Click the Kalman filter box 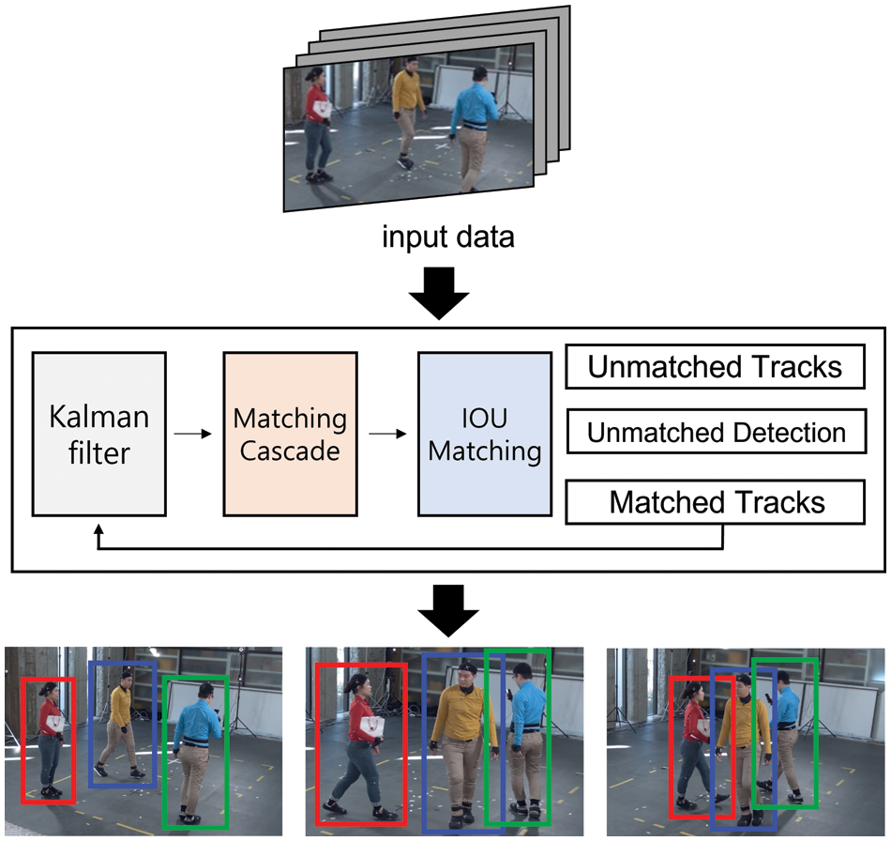pos(98,434)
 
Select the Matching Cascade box pos(290,434)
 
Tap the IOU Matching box pos(484,434)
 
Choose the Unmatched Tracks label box pos(715,367)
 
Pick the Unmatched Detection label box pos(715,433)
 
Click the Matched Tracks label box pos(715,502)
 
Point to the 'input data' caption pos(447,237)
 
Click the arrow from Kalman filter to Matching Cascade pos(194,434)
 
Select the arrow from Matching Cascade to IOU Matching pos(387,434)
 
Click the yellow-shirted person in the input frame pos(405,113)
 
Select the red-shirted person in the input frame pos(318,122)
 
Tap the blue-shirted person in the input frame pos(473,127)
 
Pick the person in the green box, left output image pos(197,751)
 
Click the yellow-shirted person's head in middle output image pos(466,672)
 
